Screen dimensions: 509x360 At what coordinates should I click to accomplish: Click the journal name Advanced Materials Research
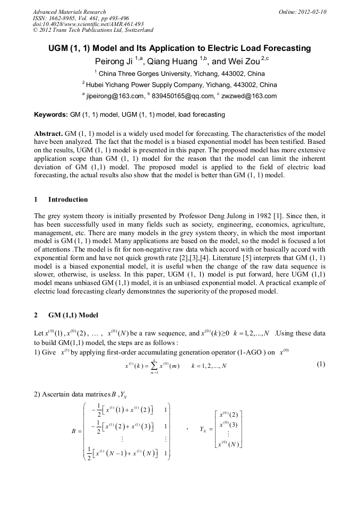69,12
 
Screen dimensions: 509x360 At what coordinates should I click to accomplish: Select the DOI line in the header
88,24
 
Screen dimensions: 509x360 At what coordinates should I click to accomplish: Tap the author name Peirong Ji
113,62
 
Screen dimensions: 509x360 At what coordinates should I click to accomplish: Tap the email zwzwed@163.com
248,96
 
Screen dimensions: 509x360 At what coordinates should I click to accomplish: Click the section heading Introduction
68,200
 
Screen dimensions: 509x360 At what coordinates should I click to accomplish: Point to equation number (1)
321,364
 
